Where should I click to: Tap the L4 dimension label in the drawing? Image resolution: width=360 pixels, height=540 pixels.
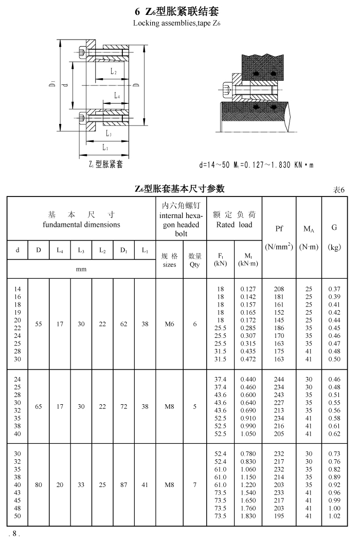tap(117, 96)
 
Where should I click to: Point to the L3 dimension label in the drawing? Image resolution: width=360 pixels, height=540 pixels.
tap(109, 134)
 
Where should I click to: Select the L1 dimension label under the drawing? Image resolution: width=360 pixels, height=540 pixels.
tap(105, 148)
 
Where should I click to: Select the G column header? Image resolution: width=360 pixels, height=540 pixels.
tap(334, 227)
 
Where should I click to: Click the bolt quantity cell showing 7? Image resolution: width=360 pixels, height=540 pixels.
tap(195, 484)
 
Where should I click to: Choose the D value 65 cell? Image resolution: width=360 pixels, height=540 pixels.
tap(39, 406)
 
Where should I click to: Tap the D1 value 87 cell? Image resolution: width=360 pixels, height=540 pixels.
tap(123, 484)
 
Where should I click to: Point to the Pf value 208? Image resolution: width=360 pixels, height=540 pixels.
tap(279, 290)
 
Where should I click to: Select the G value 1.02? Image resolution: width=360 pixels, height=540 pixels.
tap(334, 516)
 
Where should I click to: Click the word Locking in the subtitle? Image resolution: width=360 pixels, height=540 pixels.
tap(145, 23)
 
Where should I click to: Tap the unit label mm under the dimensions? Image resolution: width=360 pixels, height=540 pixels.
tap(81, 269)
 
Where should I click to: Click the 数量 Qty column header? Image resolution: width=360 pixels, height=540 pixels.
tap(195, 260)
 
